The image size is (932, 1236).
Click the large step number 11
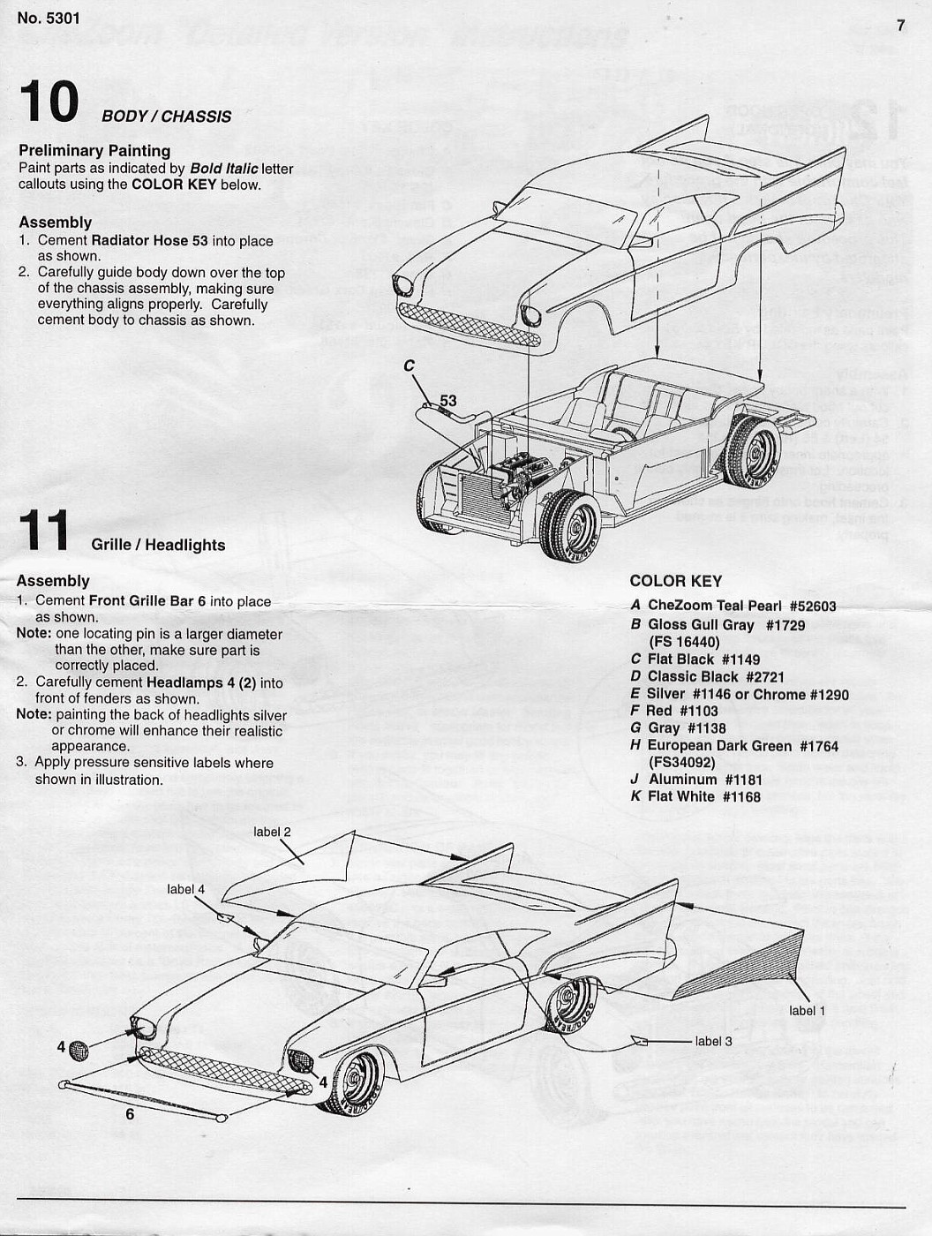click(43, 531)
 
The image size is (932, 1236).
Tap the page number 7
click(900, 26)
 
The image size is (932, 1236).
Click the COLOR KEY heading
click(675, 581)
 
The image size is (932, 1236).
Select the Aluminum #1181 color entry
click(704, 780)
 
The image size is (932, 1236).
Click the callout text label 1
click(807, 1010)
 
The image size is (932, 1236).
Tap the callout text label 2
click(272, 832)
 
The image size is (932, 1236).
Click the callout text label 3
click(713, 1042)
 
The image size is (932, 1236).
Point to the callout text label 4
click(185, 889)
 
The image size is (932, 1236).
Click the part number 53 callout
click(448, 401)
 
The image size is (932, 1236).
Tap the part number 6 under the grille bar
click(130, 1114)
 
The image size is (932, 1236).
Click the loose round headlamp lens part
click(79, 1050)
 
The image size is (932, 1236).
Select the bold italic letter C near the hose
click(410, 366)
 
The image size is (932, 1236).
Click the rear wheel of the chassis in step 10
click(752, 452)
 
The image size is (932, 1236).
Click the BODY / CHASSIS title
click(166, 117)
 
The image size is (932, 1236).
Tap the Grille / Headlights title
click(158, 546)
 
